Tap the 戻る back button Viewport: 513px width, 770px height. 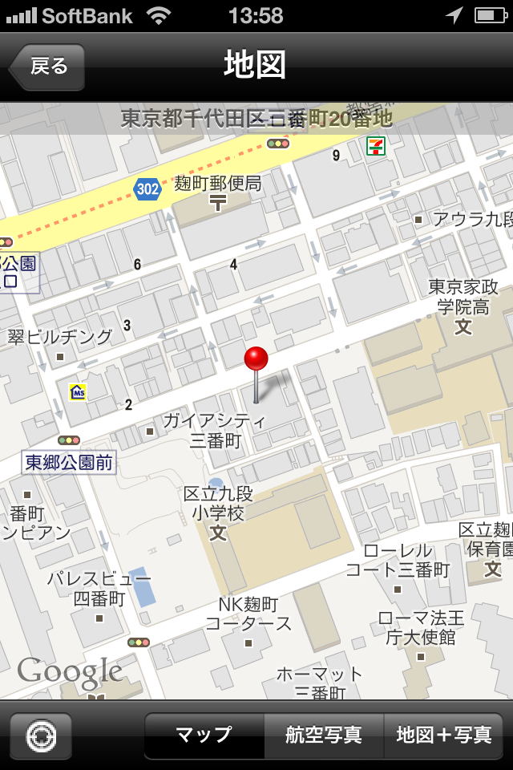click(x=47, y=67)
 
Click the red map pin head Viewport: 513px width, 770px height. click(x=256, y=359)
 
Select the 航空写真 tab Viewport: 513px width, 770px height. click(x=324, y=735)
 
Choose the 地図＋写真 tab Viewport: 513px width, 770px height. click(x=444, y=735)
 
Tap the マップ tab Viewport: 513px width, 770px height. click(x=204, y=735)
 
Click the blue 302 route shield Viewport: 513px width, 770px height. click(x=147, y=189)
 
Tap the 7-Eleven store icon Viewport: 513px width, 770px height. click(x=375, y=145)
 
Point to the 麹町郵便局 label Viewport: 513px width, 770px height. click(x=218, y=184)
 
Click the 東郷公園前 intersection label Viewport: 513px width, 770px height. click(x=69, y=462)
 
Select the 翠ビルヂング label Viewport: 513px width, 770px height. click(x=60, y=337)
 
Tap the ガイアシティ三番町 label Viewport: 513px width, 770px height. click(x=214, y=430)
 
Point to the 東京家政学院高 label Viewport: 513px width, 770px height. click(x=463, y=297)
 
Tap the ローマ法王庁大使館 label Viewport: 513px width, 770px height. click(x=421, y=627)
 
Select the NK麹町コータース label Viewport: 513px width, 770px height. click(x=248, y=614)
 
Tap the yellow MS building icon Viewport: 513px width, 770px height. click(x=78, y=392)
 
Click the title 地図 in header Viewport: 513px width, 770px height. click(x=255, y=66)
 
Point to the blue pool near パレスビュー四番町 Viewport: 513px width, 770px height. click(x=143, y=587)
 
